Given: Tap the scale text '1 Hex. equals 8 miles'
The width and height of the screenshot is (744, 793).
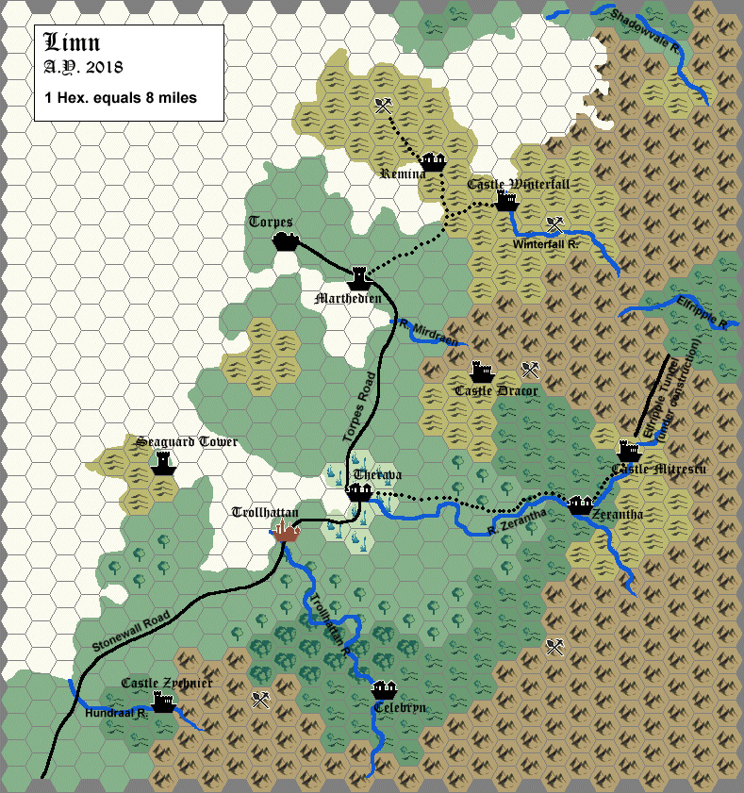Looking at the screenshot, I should [x=120, y=97].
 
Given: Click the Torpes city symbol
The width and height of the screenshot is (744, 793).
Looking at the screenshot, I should [x=285, y=242].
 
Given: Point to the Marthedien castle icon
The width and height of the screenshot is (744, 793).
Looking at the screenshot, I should [x=359, y=277].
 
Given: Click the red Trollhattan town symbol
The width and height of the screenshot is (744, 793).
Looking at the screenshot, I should [x=287, y=532].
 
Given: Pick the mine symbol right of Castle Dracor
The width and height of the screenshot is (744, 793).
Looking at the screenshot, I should [x=530, y=370].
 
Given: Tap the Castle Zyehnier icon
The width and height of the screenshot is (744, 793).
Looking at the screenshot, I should [x=165, y=702].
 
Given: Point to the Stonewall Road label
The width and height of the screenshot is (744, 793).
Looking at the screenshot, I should [x=131, y=632].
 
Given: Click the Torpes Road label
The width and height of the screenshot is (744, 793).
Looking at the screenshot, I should [x=358, y=407].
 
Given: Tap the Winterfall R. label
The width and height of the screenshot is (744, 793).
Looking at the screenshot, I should [x=548, y=244].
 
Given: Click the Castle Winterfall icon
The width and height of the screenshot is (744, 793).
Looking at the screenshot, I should [x=507, y=201].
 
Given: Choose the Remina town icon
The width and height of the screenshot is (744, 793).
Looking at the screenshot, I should [x=433, y=162].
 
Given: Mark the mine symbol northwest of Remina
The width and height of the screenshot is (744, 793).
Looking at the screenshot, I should [x=382, y=106].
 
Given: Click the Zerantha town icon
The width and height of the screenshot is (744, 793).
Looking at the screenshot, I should [x=580, y=504].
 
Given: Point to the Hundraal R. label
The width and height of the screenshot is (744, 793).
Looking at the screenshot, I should [x=115, y=714].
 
